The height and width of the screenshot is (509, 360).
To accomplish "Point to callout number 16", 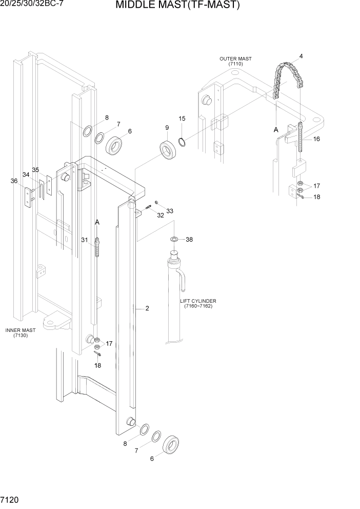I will coord(316,139).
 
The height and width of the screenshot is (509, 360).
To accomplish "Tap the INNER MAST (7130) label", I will coord(21,333).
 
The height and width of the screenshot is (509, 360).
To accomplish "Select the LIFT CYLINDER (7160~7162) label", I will coord(198,303).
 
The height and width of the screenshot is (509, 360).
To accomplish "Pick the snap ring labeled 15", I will coord(182,141).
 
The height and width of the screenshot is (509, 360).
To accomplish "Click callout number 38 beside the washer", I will coord(189,240).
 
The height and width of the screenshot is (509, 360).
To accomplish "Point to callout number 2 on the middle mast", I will coord(147,308).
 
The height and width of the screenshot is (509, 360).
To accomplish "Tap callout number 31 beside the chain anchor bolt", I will coord(85,240).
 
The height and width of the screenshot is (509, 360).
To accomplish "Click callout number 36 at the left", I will coord(14,181).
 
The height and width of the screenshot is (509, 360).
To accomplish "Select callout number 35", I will coord(35,170).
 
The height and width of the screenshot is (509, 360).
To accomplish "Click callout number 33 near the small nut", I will coord(170,211).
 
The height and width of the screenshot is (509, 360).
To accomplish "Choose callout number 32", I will coord(161,216).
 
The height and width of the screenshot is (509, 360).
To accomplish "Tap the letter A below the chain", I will coord(275,130).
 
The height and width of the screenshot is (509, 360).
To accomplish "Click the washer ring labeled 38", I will coord(174,239).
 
